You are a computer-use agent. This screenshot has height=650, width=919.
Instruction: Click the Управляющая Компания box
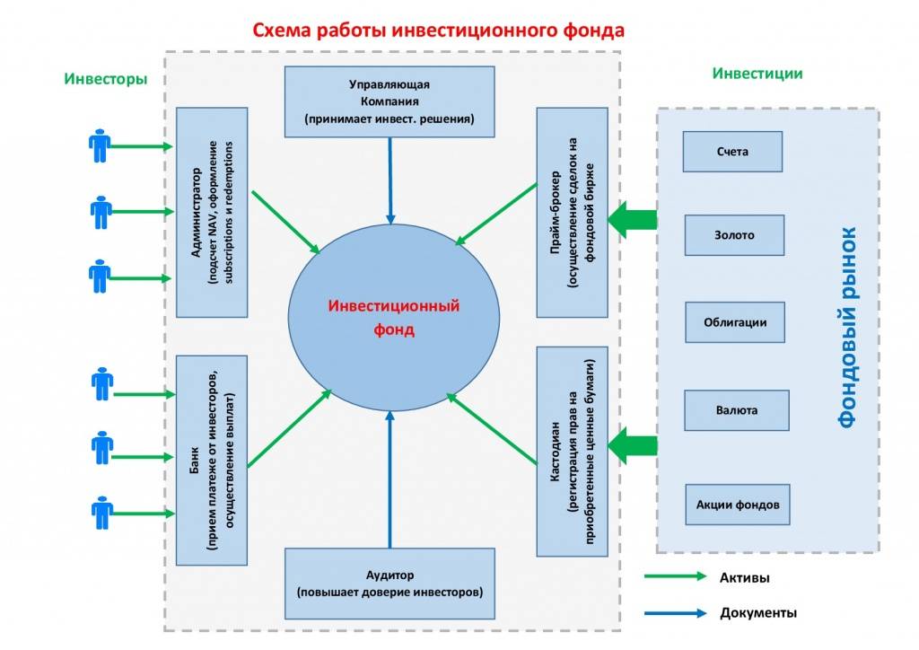coord(389,101)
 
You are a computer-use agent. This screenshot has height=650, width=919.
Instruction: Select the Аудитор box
coord(389,584)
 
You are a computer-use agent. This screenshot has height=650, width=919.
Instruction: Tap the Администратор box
coord(212,212)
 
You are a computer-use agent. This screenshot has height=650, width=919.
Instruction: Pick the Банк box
coord(212,460)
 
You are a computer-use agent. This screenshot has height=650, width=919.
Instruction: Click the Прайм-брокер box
coord(572,212)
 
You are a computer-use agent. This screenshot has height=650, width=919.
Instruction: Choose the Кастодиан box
coord(572,452)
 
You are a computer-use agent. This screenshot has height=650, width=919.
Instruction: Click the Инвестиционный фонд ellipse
coord(394,317)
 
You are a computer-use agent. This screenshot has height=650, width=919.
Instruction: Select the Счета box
coord(732,152)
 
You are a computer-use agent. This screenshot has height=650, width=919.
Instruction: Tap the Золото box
coord(734,235)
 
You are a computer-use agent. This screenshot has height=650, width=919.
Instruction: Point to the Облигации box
coord(735,322)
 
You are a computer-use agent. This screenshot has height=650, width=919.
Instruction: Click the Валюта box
coord(737,410)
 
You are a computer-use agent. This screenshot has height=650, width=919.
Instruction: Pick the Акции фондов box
coord(738,505)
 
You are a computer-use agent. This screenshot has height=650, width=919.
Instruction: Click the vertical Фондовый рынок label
coord(847,328)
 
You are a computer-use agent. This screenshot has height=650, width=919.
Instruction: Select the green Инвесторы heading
coord(106,78)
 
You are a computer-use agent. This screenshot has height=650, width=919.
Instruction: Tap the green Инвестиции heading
coord(757,74)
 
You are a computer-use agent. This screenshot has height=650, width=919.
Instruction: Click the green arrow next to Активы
coord(675,576)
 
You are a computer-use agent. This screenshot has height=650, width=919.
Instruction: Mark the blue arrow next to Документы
coord(675,613)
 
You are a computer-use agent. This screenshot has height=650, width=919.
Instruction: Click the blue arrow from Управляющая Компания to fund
coord(390,180)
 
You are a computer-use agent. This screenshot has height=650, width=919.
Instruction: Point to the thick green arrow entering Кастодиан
coord(633,446)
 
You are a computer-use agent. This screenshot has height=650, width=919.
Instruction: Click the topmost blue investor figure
coord(100,145)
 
